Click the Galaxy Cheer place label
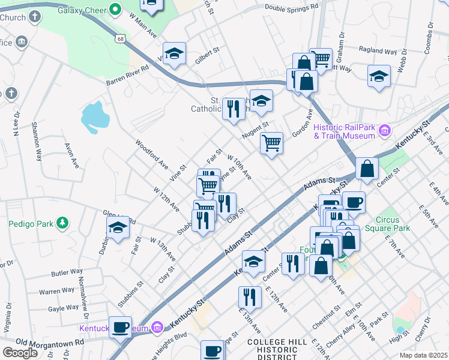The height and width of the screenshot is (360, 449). [84, 10]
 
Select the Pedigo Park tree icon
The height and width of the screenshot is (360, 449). [61, 224]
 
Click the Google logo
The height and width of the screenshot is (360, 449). [20, 352]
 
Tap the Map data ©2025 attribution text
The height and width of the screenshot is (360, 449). [423, 355]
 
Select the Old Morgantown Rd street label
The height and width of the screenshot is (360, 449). [42, 342]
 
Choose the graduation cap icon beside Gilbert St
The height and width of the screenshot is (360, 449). [174, 53]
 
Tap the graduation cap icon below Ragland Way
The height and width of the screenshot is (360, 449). [379, 76]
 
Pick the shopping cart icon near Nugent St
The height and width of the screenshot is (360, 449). [272, 143]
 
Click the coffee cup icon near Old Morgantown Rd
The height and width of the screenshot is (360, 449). [121, 327]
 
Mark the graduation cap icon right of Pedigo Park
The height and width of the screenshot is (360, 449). [118, 228]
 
